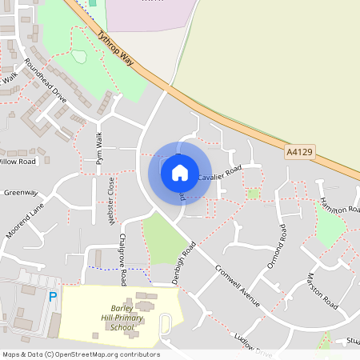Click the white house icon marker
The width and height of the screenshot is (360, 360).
click(x=180, y=172)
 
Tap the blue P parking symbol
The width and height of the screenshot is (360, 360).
click(x=53, y=297)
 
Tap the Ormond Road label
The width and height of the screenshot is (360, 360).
click(x=277, y=246)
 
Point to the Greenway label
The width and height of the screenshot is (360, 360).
click(x=20, y=193)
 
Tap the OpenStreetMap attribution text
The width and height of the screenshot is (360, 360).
click(x=81, y=354)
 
